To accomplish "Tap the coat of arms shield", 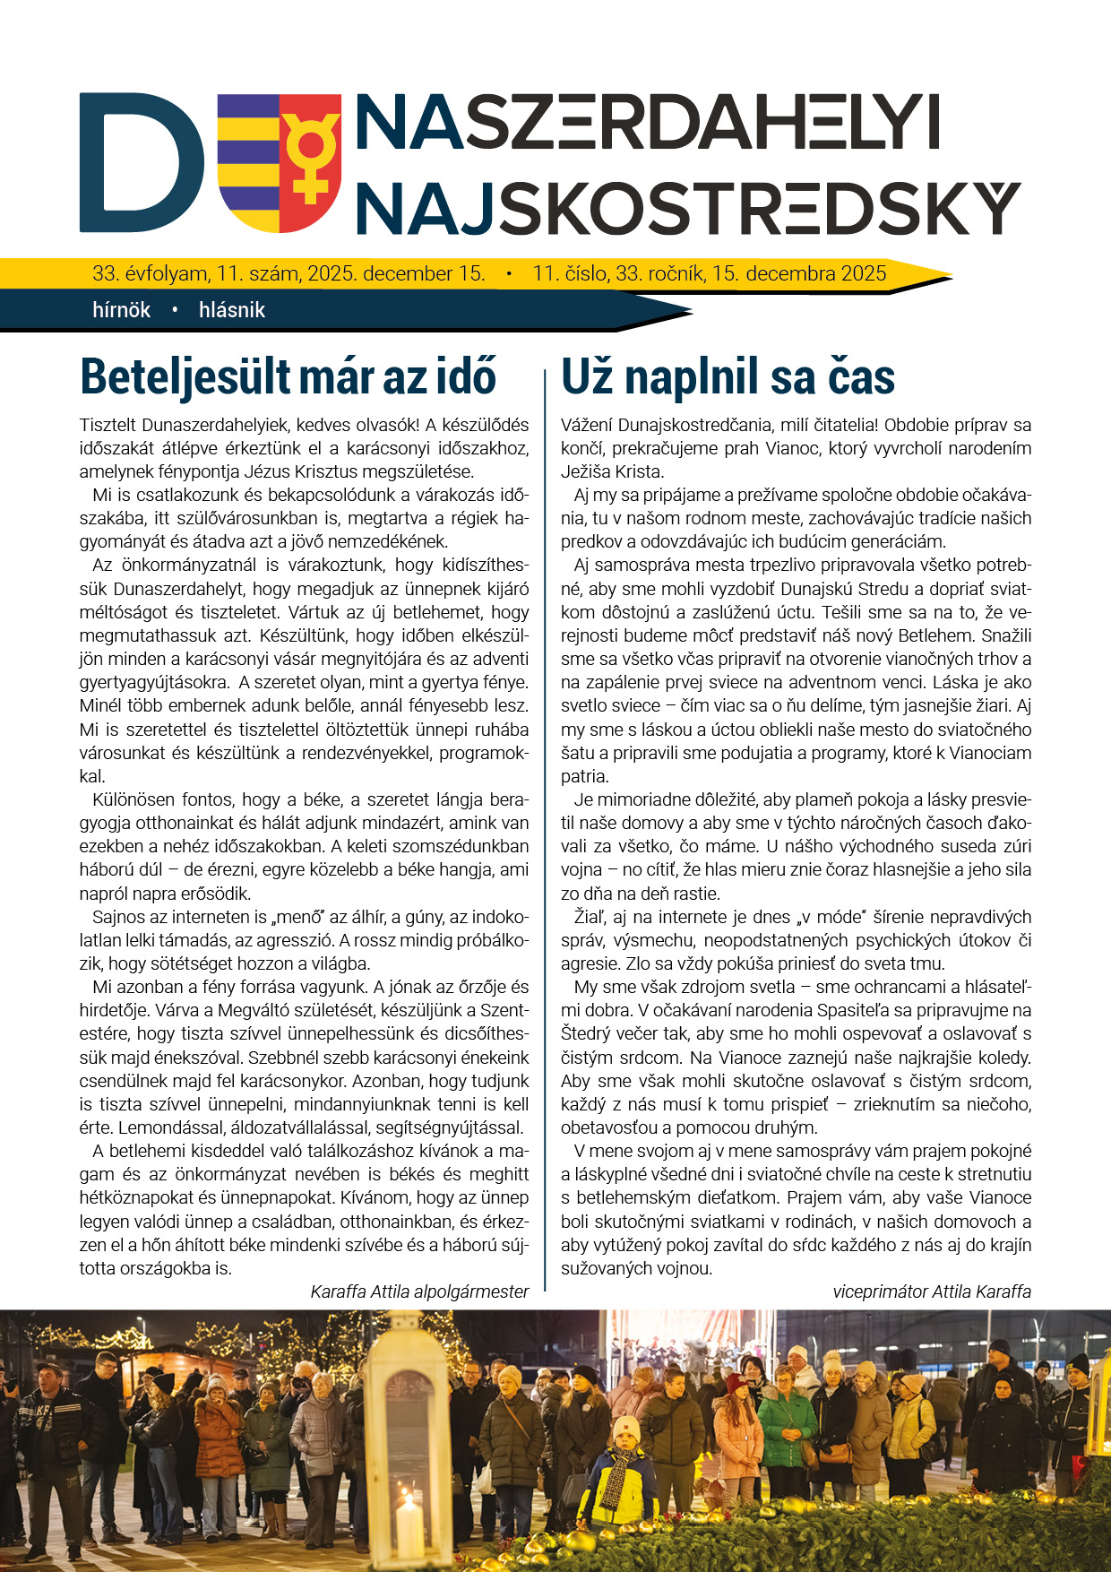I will coord(279,161).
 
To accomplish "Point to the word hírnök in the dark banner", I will coord(121,310).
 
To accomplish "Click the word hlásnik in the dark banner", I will coord(232,310).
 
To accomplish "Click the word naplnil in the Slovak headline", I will coord(693,376).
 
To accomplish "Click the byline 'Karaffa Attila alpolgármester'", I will coord(419,1291).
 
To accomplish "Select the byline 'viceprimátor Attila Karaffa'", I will coord(932,1291).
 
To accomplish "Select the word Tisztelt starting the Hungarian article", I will coord(108,425).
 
